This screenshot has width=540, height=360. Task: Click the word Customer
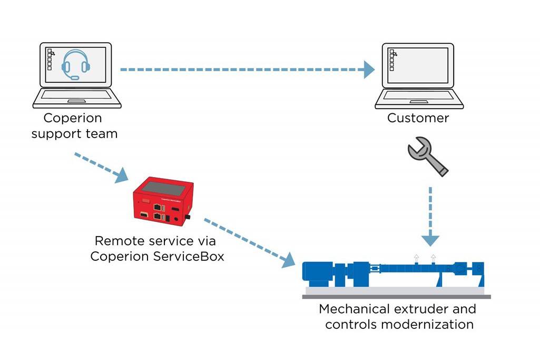click(418, 118)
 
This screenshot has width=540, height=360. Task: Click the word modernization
click(426, 324)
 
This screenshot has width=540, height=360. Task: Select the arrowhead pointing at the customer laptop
click(369, 70)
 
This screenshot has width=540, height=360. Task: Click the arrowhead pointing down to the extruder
click(430, 240)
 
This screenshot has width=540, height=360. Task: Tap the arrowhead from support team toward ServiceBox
click(122, 175)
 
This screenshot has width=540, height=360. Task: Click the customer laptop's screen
click(418, 66)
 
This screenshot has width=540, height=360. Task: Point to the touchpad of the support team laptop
click(77, 100)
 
